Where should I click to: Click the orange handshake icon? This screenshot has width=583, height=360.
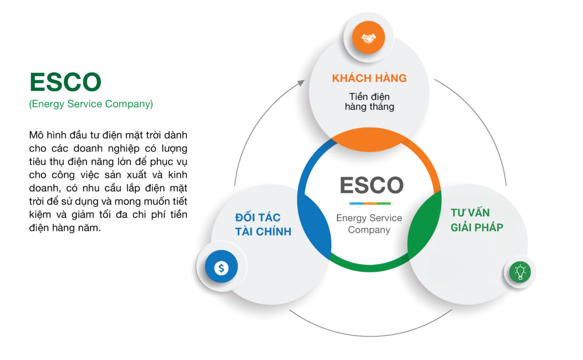368,38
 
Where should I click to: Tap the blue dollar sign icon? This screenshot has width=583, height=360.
221,266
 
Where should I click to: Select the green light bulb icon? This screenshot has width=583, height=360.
520,272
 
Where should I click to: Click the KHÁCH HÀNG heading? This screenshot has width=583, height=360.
369,78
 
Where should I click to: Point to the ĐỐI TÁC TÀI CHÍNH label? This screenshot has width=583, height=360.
263,224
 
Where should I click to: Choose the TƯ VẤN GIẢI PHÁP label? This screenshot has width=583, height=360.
477,220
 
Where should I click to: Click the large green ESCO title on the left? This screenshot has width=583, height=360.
65,82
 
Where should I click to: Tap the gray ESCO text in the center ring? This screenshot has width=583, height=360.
371,185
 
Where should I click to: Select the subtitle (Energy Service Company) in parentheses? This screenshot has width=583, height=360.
91,104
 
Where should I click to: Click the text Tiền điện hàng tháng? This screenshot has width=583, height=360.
369,101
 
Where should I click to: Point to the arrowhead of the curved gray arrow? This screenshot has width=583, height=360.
301,83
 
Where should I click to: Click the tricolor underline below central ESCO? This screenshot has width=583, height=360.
370,203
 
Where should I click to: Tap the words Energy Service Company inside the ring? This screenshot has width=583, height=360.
369,223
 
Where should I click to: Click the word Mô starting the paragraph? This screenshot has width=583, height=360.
36,135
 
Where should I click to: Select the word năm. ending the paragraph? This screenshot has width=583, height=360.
89,228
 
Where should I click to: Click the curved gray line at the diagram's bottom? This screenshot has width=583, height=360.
370,336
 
